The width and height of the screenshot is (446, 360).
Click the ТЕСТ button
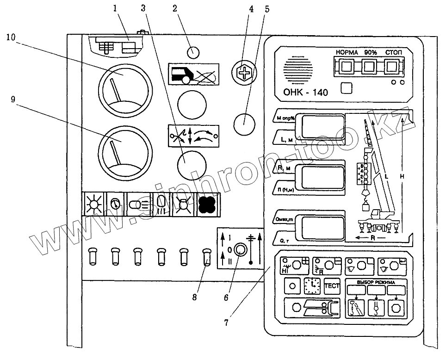coord(332,286)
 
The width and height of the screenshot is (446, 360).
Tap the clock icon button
coord(313,286)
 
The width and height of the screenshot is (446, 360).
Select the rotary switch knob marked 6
coord(240,250)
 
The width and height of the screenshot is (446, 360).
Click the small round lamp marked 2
coord(193,51)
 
